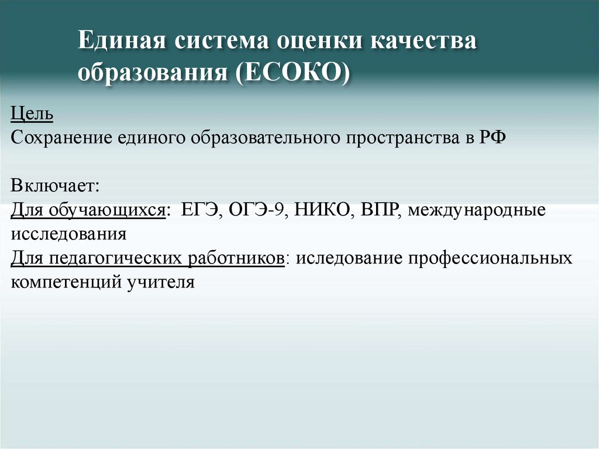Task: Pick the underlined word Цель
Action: click(x=32, y=113)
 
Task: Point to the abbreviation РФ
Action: click(x=493, y=138)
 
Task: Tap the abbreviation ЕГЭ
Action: click(x=198, y=210)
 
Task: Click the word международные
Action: click(x=477, y=210)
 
